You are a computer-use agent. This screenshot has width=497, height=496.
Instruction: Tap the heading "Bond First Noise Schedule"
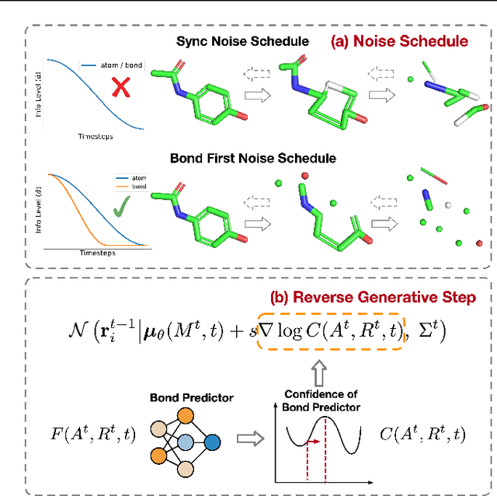252,158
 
